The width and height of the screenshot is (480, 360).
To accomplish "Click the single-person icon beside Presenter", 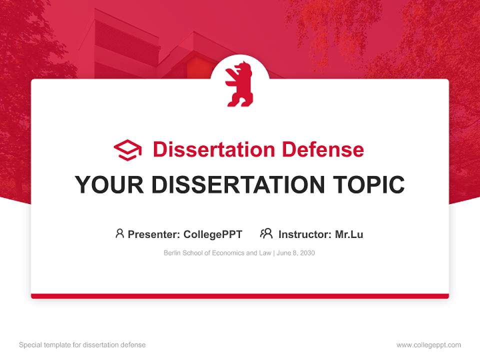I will tap(119, 233).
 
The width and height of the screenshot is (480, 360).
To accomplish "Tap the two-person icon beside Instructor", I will tap(266, 233).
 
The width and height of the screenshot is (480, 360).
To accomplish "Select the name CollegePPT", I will tap(213, 234).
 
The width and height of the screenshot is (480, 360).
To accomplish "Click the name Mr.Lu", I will tap(349, 234).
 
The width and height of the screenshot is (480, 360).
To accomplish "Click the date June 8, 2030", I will tap(296, 253).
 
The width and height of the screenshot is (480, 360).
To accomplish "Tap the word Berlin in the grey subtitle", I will tap(172, 253).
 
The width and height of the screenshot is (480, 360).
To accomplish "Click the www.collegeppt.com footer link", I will tap(428, 345).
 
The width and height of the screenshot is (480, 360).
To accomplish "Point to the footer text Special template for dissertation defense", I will tap(82, 345).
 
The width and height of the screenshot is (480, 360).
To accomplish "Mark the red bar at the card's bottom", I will tap(240, 296).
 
